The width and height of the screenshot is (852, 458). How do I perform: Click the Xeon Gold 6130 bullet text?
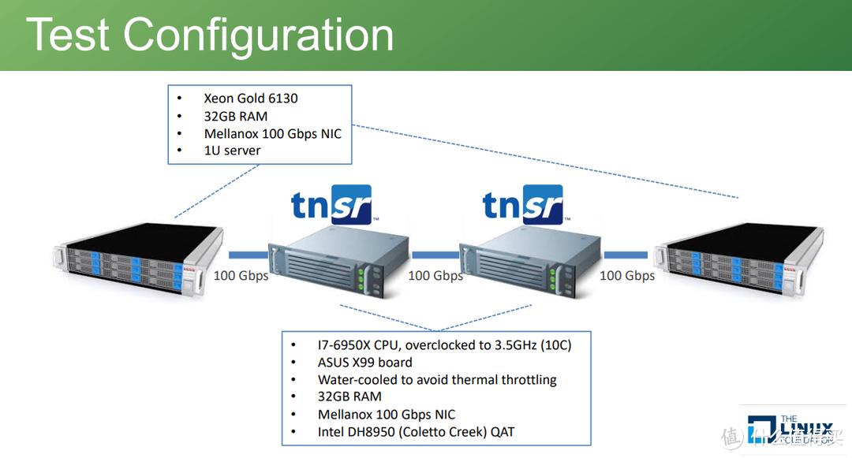(250, 99)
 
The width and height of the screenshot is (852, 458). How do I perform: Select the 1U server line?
(232, 150)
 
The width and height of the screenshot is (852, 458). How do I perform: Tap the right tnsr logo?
(522, 206)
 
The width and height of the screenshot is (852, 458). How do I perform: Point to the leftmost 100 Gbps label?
(241, 276)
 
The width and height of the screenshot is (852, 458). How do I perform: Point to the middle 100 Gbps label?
(435, 276)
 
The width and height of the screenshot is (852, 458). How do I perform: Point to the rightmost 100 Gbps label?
(627, 276)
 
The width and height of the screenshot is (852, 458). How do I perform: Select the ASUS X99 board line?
(364, 363)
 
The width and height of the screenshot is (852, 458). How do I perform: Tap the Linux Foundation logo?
(793, 430)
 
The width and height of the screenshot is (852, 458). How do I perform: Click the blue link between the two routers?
(435, 255)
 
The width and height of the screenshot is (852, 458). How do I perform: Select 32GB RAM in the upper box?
(235, 116)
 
